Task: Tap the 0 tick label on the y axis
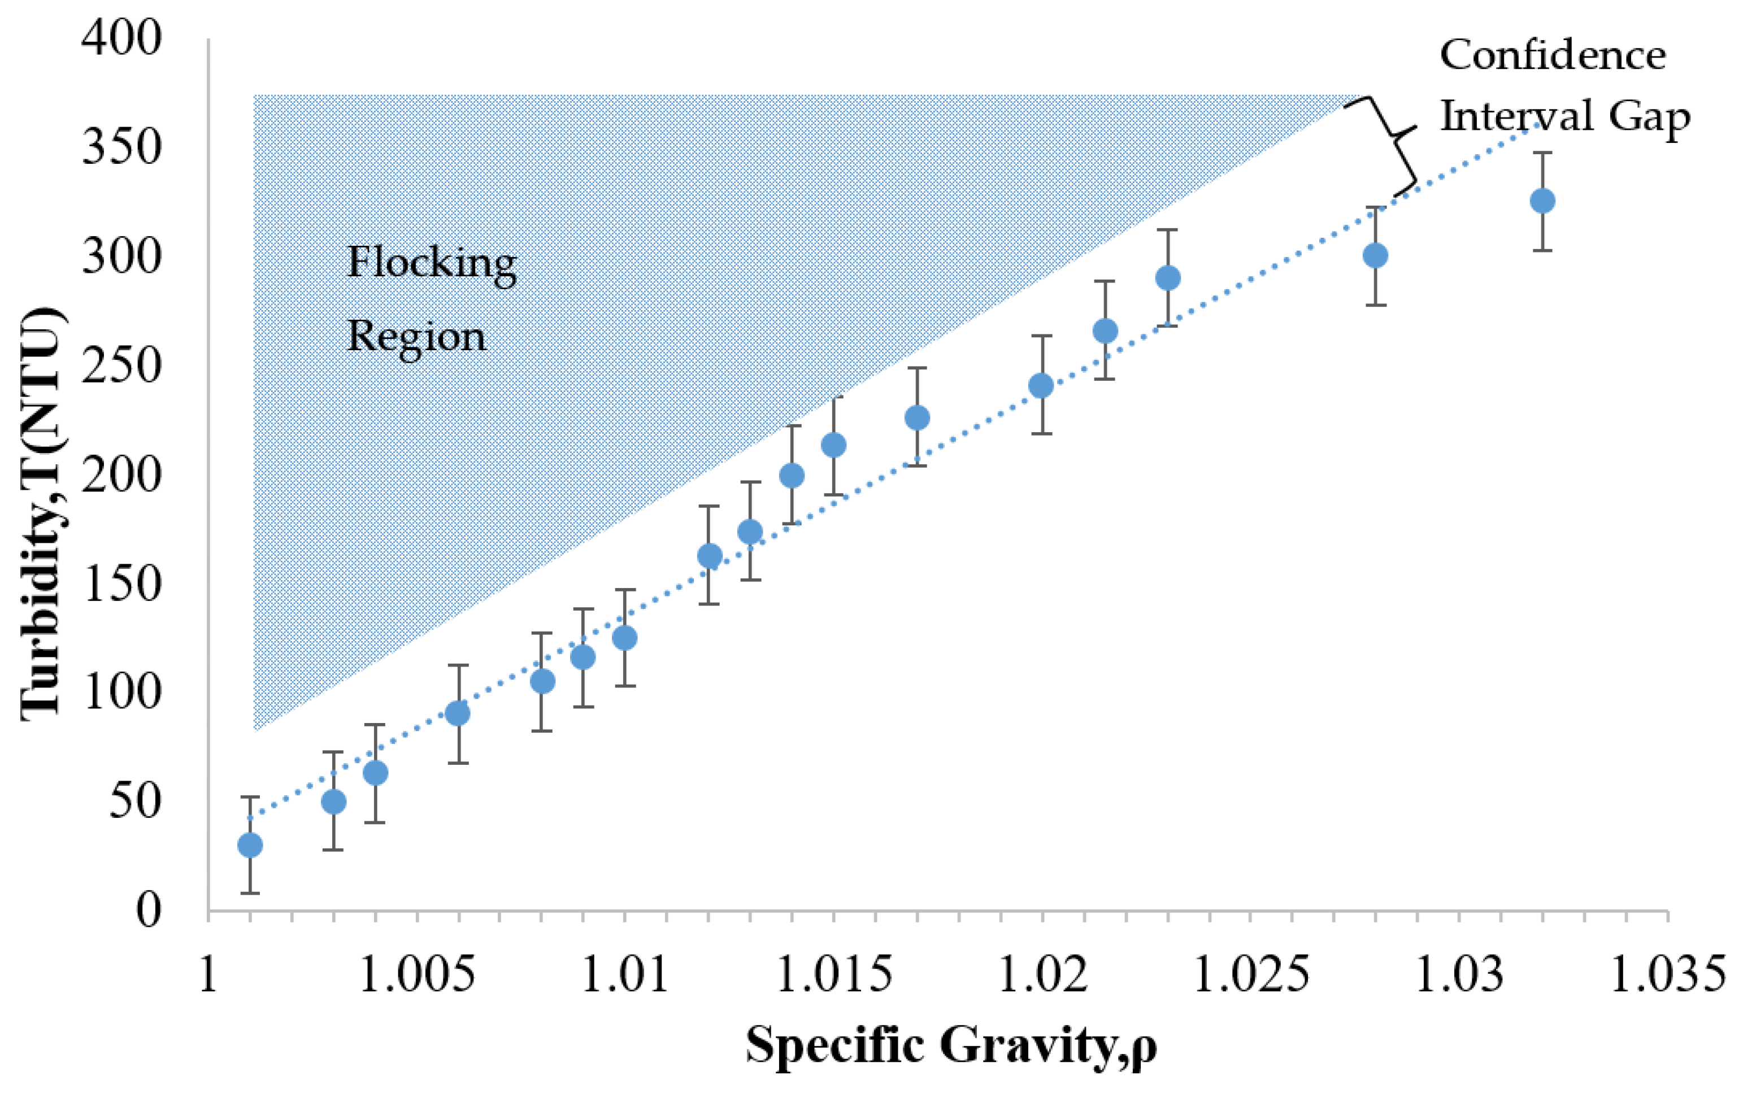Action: pos(147,909)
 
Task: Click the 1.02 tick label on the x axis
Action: pos(1042,974)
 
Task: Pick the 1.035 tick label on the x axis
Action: pos(1666,974)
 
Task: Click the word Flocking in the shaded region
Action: pos(432,263)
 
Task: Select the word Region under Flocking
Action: pos(416,337)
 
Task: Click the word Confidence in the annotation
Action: pos(1552,56)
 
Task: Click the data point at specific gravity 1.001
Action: pos(250,845)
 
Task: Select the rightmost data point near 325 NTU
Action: pos(1542,201)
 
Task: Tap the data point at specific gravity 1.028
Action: pos(1375,255)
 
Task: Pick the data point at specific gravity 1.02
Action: pos(1041,385)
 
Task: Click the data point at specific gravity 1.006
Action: pos(458,713)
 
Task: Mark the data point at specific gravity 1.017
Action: pos(916,417)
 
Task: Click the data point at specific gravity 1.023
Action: pos(1167,277)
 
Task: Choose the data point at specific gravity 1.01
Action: pos(625,638)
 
